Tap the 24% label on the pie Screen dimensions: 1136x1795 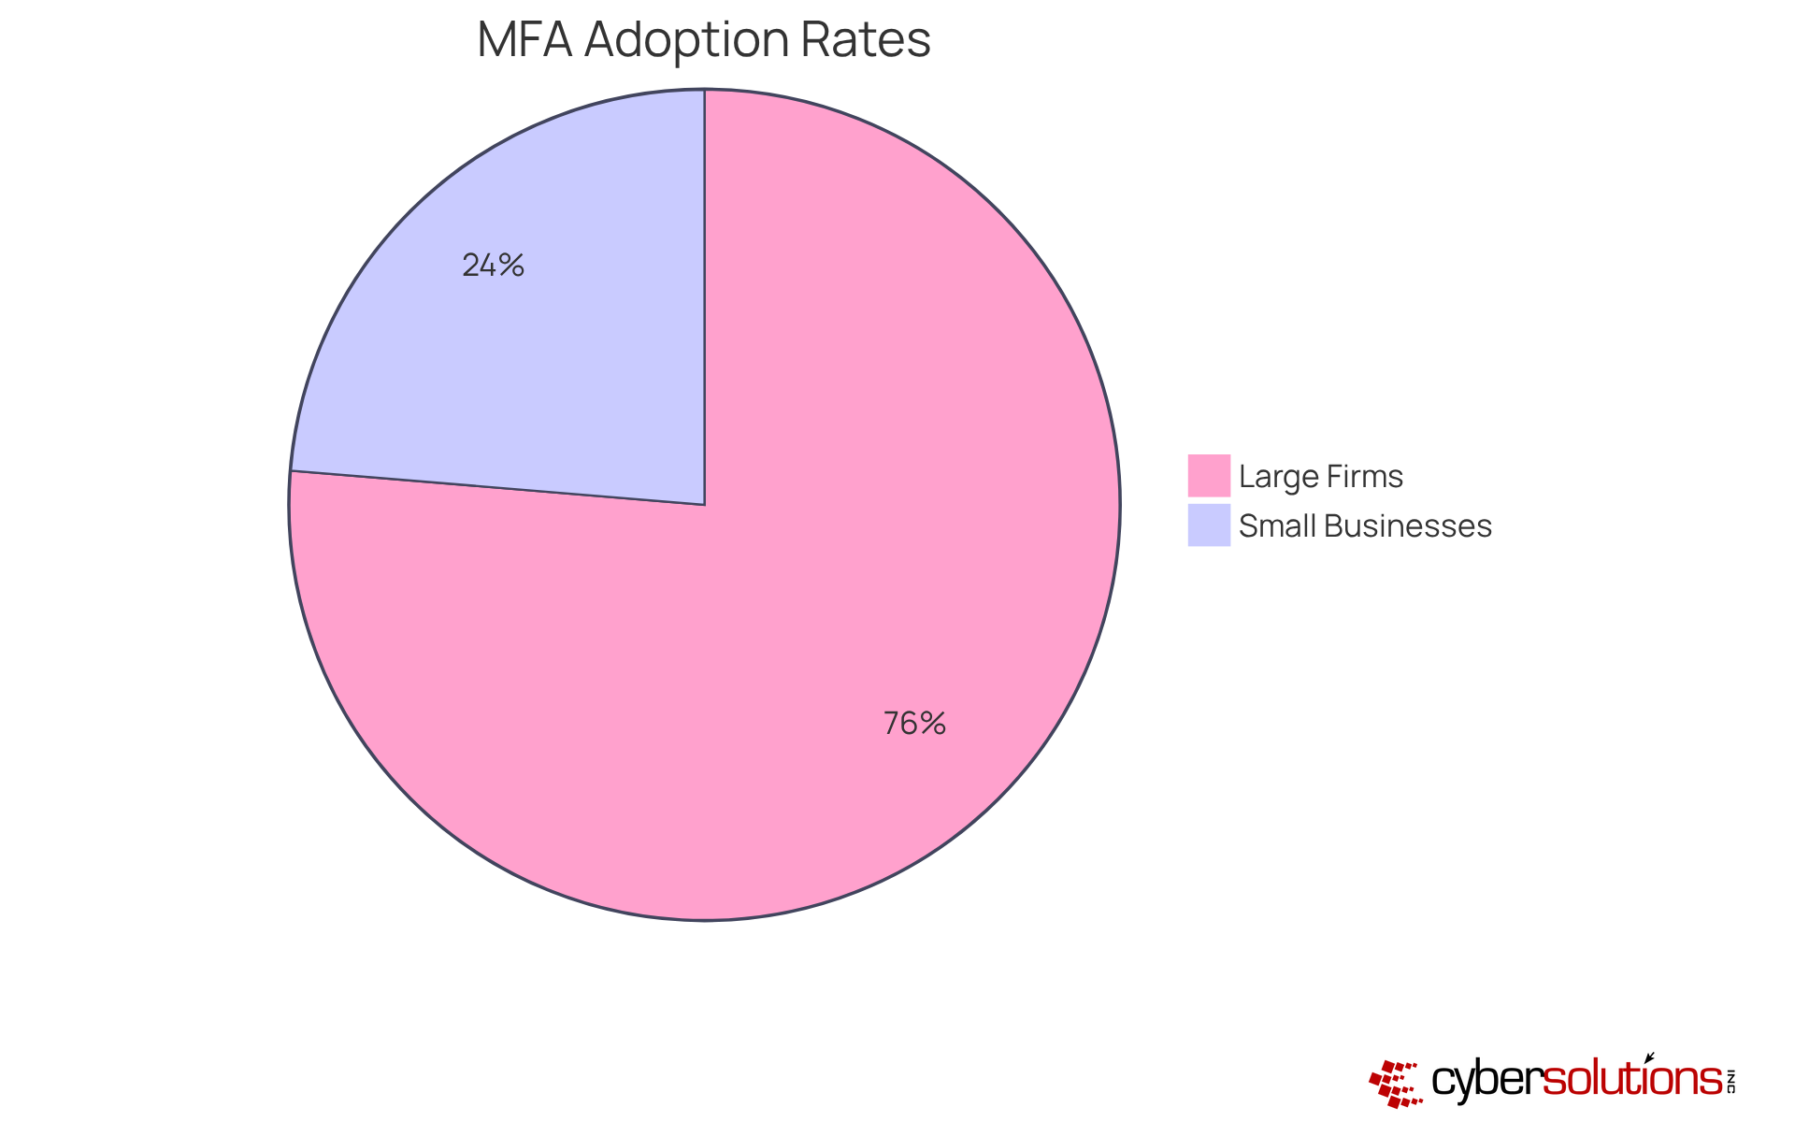point(493,266)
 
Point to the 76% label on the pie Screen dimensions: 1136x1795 point(914,724)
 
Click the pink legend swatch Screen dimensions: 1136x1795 point(1208,475)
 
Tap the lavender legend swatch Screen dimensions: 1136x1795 point(1208,525)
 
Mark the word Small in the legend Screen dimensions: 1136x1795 point(1273,526)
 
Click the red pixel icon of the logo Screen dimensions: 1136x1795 point(1395,1083)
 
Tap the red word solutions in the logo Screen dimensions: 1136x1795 point(1632,1081)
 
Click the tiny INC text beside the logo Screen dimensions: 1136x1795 point(1730,1081)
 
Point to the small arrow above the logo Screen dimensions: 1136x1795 point(1649,1057)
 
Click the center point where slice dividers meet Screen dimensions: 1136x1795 point(704,505)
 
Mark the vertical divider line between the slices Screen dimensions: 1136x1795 point(704,299)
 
